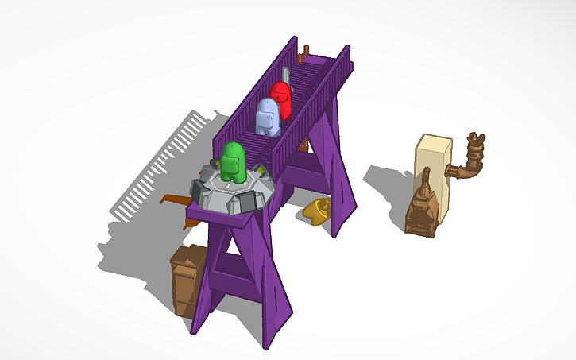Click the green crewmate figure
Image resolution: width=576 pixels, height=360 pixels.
[233, 161]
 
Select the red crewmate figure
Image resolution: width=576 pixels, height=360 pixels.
[280, 99]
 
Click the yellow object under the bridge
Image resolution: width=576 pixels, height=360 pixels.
[317, 211]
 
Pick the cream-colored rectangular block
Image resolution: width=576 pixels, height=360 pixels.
[434, 175]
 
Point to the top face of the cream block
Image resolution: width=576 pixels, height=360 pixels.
[435, 141]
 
